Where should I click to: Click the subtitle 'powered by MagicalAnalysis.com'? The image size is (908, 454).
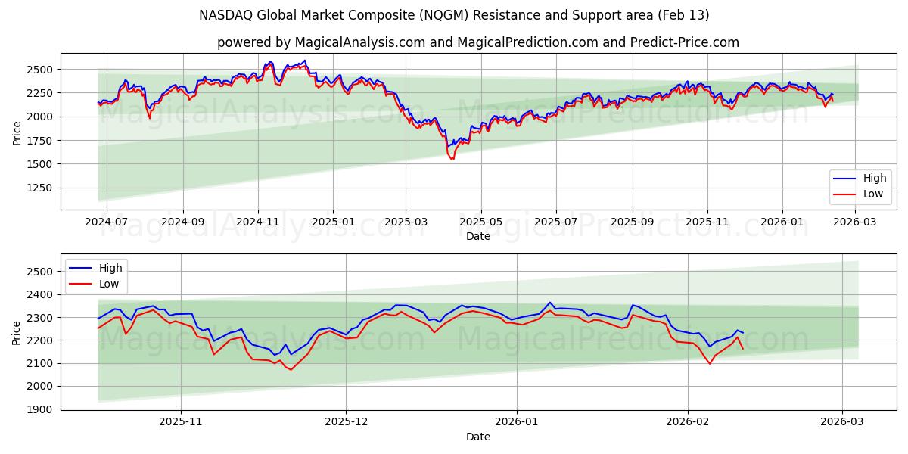click(477, 42)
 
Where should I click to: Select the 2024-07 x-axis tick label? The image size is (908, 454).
click(106, 222)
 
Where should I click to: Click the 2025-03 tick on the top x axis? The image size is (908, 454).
click(406, 222)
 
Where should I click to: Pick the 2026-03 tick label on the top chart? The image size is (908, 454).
click(855, 222)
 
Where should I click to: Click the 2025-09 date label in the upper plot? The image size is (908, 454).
click(631, 222)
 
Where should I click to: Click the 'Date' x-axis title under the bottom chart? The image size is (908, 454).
click(477, 437)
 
